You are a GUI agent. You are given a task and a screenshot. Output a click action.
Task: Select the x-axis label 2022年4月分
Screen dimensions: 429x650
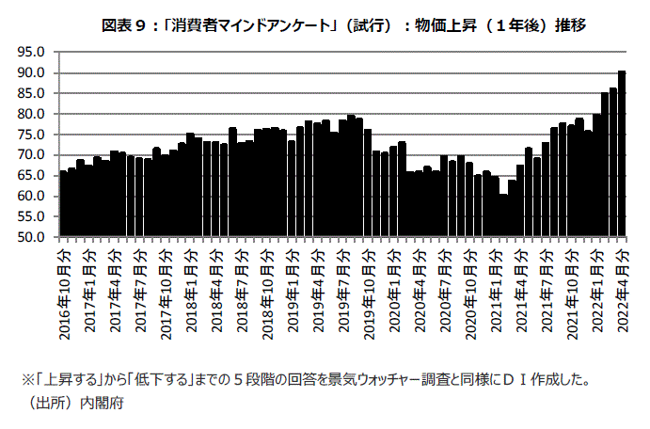pos(622,286)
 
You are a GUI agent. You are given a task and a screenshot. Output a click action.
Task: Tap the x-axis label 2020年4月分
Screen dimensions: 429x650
pos(420,286)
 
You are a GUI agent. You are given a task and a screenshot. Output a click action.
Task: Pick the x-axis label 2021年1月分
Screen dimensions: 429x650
pos(496,286)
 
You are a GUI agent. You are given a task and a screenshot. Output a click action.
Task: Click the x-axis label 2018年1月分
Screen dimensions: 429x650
pos(191,286)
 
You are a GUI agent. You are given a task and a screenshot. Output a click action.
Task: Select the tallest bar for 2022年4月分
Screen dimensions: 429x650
pos(622,155)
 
